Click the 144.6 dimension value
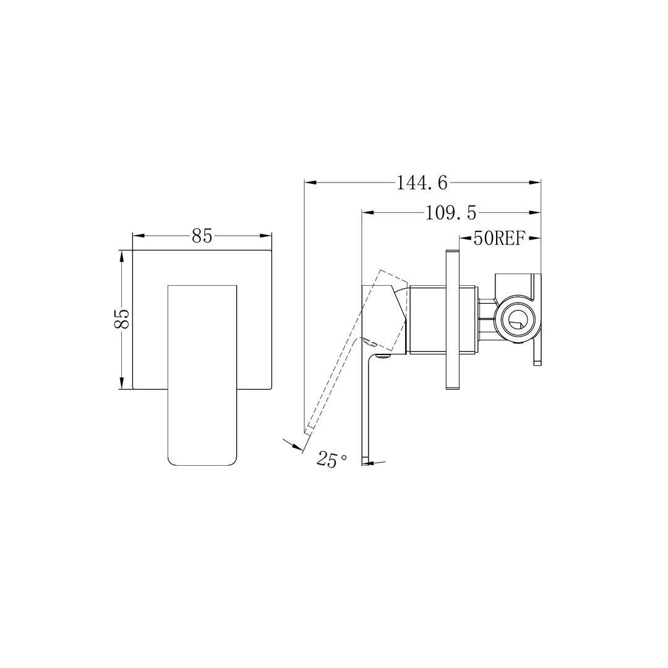coord(422,182)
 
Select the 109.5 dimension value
coord(451,213)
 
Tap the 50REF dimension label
coord(499,238)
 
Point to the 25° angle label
coord(332,460)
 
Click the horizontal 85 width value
coord(202,236)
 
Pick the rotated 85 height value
coord(122,320)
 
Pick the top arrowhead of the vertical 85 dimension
coord(122,255)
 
